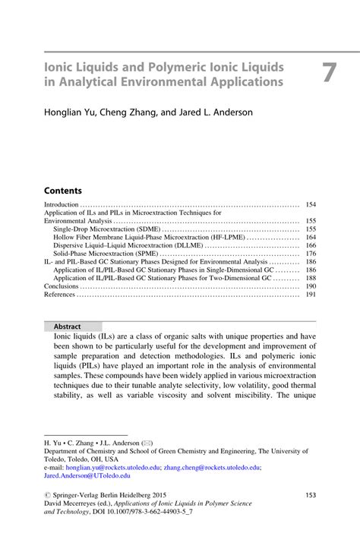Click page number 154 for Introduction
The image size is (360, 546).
click(x=310, y=205)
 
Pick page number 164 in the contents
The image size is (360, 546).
click(x=310, y=237)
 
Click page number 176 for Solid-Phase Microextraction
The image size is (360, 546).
click(x=310, y=254)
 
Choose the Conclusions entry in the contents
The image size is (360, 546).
click(x=61, y=286)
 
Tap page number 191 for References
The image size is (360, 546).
click(x=310, y=295)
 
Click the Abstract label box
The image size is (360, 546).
click(x=68, y=327)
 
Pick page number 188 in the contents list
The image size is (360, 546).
click(x=310, y=278)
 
